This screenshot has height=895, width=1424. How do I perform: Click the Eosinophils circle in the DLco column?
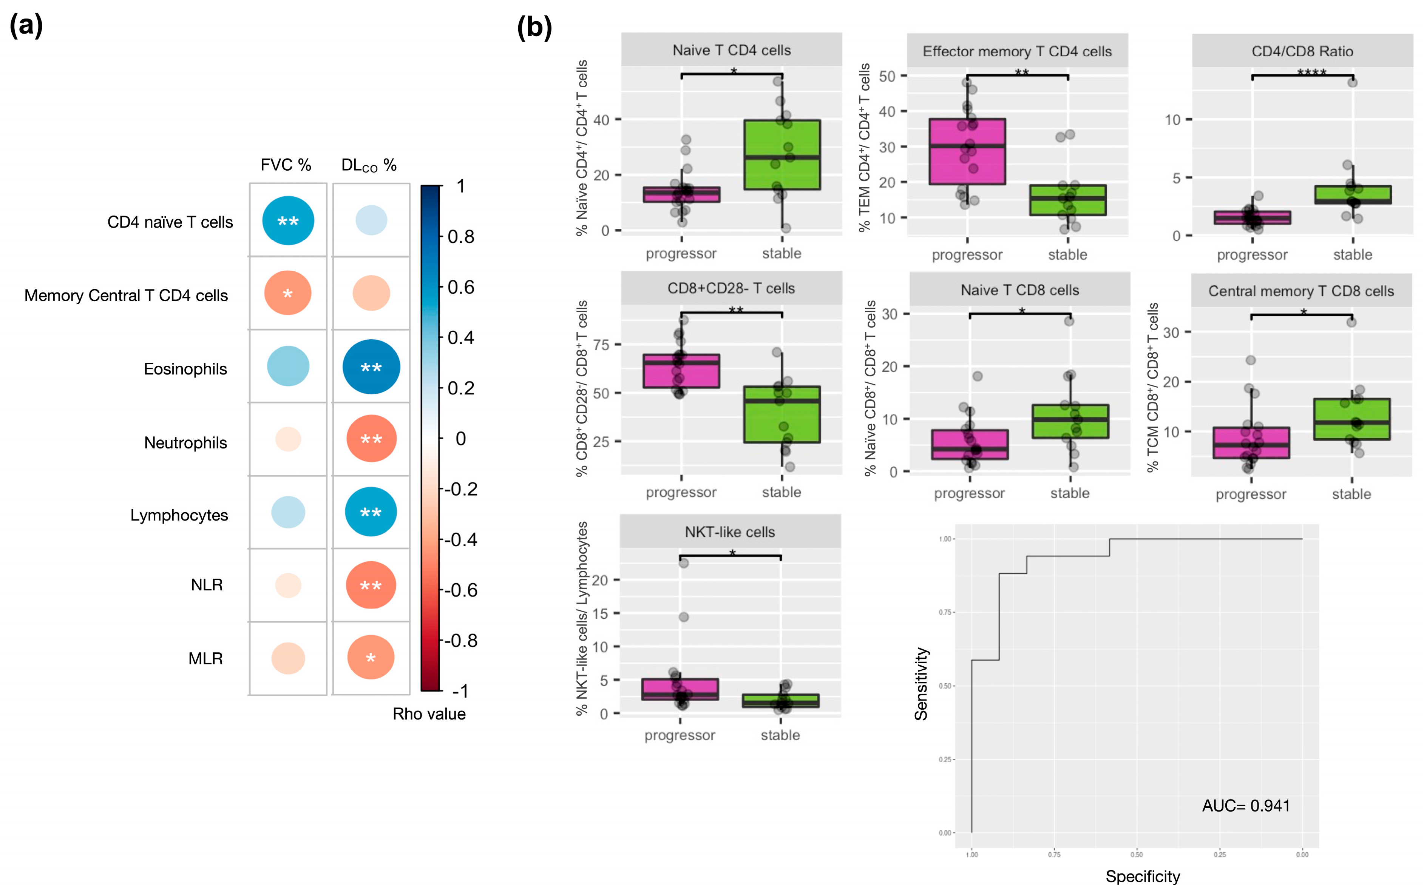tap(371, 367)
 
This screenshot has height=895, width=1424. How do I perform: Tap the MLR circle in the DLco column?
tap(371, 657)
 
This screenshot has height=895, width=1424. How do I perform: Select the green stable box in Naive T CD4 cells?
tap(782, 155)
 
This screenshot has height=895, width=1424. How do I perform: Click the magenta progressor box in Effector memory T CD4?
tap(967, 151)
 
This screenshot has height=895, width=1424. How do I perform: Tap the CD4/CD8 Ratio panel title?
tap(1302, 51)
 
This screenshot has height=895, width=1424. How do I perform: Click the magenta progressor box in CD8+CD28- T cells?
tap(681, 371)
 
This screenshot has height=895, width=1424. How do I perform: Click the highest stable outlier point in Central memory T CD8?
tap(1351, 322)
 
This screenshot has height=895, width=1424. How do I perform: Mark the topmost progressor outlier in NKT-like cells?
tap(684, 563)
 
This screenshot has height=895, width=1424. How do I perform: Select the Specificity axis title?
tap(1143, 876)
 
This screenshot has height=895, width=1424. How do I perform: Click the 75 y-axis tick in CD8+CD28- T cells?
tap(601, 345)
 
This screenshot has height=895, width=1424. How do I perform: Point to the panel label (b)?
tap(534, 28)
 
